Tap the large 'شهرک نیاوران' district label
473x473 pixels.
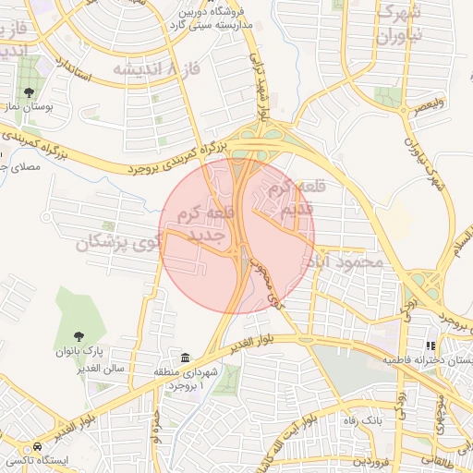(x=400, y=27)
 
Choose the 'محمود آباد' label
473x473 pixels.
(x=348, y=262)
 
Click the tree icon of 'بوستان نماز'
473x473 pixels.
(x=30, y=92)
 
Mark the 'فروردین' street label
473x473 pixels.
(x=374, y=460)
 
